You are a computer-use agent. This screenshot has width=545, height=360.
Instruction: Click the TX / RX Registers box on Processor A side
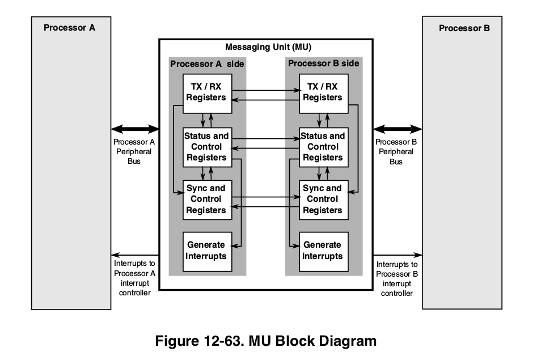206,92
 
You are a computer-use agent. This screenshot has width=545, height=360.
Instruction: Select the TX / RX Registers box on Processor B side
322,92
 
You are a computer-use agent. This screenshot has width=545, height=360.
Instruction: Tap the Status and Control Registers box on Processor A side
206,147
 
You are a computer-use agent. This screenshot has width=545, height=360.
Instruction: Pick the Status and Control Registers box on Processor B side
322,147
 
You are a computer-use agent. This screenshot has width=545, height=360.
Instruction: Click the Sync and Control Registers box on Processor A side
206,199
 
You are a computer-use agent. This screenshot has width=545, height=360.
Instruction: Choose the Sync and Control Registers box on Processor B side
322,199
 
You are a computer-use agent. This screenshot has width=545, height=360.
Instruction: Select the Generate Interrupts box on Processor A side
206,251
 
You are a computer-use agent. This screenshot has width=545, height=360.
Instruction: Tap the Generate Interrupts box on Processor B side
322,251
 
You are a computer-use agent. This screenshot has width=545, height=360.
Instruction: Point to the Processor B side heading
323,63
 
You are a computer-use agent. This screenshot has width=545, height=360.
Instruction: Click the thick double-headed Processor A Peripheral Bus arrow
135,129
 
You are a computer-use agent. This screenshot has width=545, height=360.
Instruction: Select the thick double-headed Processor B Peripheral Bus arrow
397,129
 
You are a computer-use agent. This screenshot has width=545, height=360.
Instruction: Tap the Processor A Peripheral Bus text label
134,151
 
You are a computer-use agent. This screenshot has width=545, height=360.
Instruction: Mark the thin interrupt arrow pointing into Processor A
135,255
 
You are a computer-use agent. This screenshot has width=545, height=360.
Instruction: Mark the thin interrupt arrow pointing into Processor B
397,255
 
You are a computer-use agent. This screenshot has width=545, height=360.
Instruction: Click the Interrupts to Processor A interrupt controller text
134,278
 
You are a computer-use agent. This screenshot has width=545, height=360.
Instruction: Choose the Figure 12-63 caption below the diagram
266,341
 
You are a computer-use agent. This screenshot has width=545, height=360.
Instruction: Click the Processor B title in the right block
464,28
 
